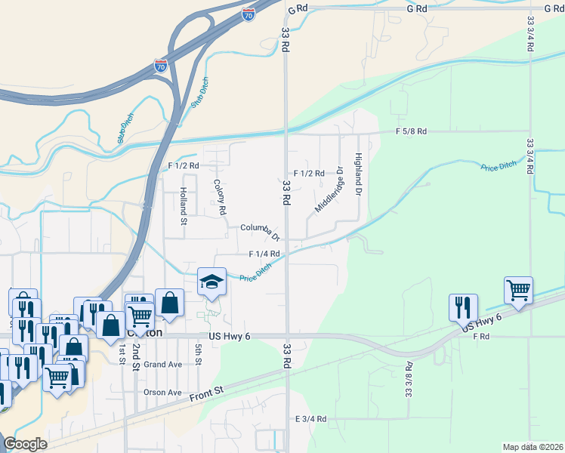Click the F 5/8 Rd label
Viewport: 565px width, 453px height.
[411, 131]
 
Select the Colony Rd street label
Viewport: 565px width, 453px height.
[221, 196]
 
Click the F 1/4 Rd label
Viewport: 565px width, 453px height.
[264, 254]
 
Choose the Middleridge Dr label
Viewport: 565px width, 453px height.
[329, 189]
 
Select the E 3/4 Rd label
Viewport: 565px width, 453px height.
[310, 418]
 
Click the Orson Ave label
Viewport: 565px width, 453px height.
[163, 393]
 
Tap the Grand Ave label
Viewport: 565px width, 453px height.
[163, 364]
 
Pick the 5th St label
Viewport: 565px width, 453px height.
[199, 354]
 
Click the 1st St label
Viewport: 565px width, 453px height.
[121, 354]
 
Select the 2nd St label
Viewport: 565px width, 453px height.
[137, 354]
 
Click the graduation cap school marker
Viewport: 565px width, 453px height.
[211, 282]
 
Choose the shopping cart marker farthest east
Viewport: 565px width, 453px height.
[518, 291]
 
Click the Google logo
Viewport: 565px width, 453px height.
[25, 444]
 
